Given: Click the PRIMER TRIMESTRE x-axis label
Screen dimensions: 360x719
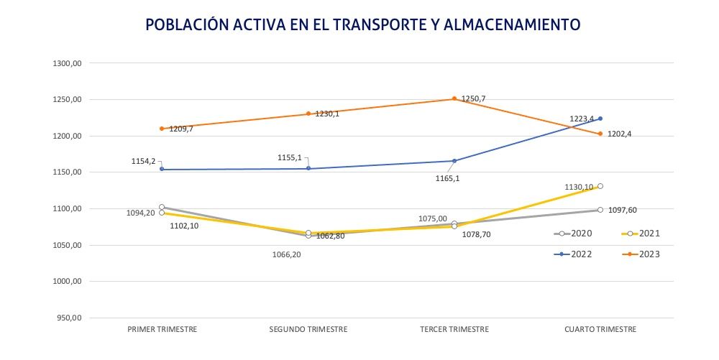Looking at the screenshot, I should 162,329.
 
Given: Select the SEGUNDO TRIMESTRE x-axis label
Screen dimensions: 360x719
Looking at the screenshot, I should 308,329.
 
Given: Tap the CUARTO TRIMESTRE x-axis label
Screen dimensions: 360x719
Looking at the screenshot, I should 600,329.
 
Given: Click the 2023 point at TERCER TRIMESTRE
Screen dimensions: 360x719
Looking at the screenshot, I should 454,98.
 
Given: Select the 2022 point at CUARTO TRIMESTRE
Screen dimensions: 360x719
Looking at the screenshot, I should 600,119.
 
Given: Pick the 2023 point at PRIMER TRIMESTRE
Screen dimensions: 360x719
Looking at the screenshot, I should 162,129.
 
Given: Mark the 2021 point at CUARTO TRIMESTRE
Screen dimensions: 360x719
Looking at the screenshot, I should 600,186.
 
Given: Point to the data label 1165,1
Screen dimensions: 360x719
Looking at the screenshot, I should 447,179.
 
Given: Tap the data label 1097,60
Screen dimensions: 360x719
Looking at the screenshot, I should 623,210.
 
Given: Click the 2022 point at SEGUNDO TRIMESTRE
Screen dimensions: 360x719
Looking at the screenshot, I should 308,168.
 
